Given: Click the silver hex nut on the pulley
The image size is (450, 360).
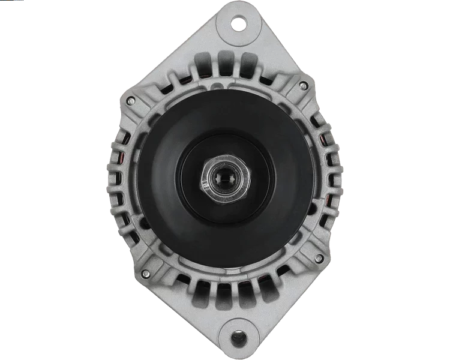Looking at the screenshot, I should [x=225, y=178].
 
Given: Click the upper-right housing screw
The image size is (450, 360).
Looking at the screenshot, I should [x=303, y=85].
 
